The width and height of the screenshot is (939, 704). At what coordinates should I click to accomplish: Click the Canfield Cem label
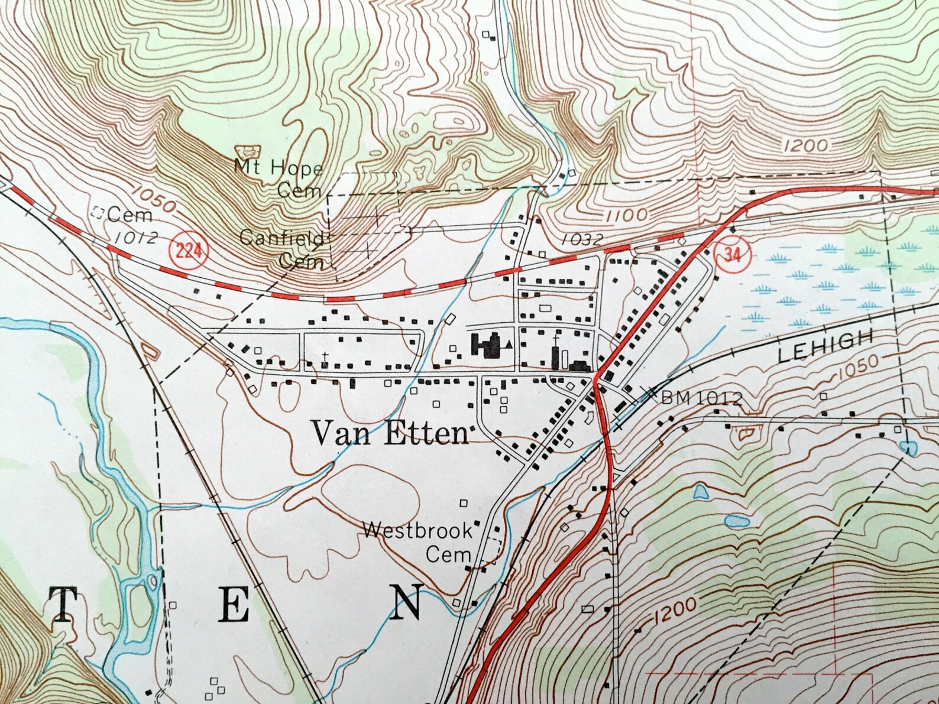click(283, 249)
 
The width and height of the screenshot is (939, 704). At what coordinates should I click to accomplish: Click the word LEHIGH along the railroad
click(825, 346)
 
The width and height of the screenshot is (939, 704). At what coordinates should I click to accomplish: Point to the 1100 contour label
click(627, 215)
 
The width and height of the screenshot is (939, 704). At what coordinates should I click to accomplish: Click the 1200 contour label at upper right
click(807, 145)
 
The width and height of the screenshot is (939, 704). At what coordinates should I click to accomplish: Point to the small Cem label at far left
click(129, 215)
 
